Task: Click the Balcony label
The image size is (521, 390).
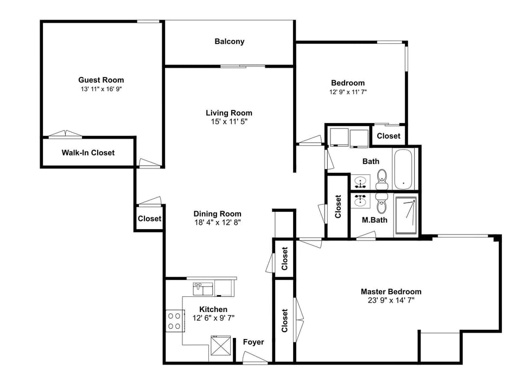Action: pyautogui.click(x=229, y=42)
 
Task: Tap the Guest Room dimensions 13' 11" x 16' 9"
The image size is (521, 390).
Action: pyautogui.click(x=101, y=89)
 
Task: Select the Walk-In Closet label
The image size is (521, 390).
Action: pyautogui.click(x=88, y=153)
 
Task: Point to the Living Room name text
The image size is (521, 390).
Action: pyautogui.click(x=229, y=113)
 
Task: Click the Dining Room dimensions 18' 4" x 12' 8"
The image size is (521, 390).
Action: pyautogui.click(x=217, y=223)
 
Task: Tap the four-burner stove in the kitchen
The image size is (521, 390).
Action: pyautogui.click(x=174, y=320)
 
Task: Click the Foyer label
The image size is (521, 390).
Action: pyautogui.click(x=253, y=342)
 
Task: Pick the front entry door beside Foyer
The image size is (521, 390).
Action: pyautogui.click(x=255, y=357)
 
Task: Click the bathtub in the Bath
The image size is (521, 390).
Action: pyautogui.click(x=404, y=168)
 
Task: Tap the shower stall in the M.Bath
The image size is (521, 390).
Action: pyautogui.click(x=406, y=216)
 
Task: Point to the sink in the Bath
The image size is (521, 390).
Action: pyautogui.click(x=360, y=181)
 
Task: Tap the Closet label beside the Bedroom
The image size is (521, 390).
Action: pyautogui.click(x=389, y=136)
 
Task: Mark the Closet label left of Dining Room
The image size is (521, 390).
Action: pyautogui.click(x=149, y=219)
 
